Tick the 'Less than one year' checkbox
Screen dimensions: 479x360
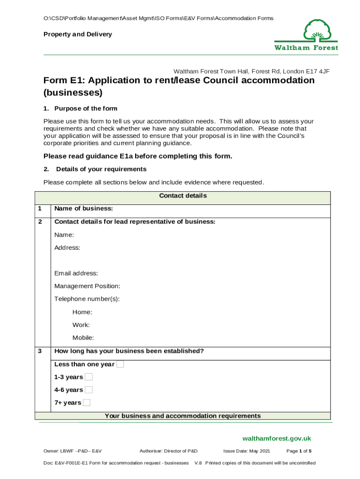(x=120, y=364)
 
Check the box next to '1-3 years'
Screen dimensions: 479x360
(x=89, y=377)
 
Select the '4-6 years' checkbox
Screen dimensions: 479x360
(x=89, y=390)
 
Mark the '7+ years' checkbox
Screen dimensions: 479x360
(x=86, y=403)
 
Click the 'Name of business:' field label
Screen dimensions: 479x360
(x=84, y=209)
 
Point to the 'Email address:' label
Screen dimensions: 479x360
(x=76, y=273)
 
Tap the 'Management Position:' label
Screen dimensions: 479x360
(x=87, y=286)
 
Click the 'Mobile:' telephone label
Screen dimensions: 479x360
(x=83, y=338)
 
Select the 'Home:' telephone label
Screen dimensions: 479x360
(x=82, y=312)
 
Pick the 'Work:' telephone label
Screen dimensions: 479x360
(x=81, y=325)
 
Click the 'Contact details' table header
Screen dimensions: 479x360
(x=183, y=196)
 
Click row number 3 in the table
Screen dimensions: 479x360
(x=40, y=351)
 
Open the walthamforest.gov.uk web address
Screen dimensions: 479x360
(x=276, y=438)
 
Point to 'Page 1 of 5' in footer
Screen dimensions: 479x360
(x=299, y=451)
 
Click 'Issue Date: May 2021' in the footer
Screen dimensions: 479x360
(x=246, y=451)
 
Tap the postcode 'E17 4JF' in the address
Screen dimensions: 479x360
(x=318, y=72)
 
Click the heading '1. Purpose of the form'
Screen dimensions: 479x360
(x=80, y=109)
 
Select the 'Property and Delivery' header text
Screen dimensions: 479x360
(x=78, y=34)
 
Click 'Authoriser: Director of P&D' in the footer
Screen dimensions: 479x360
(x=168, y=451)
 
